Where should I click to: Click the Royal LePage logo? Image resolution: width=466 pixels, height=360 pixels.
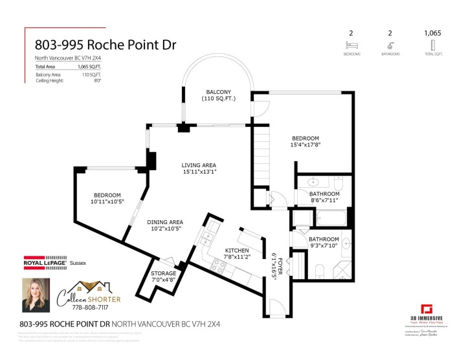[x=45, y=263]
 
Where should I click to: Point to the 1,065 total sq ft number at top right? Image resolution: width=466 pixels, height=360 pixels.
[x=432, y=32]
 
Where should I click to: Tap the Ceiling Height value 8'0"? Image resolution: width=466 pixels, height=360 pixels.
[x=98, y=81]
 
